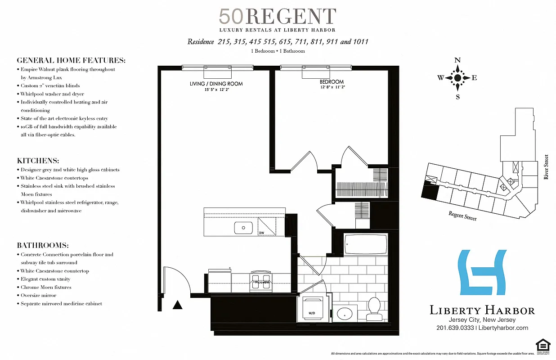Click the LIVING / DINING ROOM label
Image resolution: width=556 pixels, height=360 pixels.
point(216,84)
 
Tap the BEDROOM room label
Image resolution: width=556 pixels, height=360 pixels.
point(332,82)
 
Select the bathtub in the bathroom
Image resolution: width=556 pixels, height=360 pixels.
point(365,245)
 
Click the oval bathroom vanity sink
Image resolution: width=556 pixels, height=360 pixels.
point(345,313)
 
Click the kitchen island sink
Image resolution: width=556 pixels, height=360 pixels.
point(243,228)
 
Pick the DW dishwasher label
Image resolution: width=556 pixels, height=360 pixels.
point(261,233)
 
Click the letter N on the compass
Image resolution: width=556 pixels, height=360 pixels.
point(457,60)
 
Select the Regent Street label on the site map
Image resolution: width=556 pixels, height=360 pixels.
point(462,216)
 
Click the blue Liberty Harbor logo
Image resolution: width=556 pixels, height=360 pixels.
point(481,273)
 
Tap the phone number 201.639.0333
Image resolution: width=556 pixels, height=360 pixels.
point(455,328)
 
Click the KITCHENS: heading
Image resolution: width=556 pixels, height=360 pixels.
point(38,161)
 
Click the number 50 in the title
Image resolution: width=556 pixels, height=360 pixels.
point(231,17)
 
